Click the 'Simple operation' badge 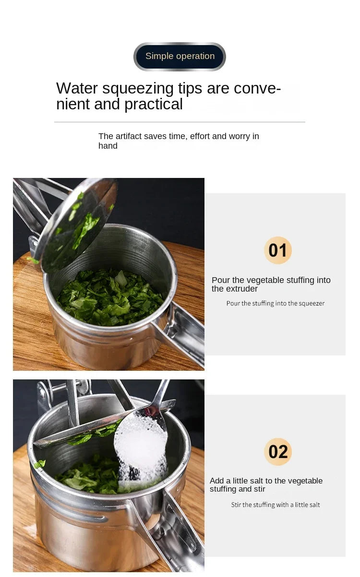tap(180, 56)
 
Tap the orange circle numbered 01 tap(278, 250)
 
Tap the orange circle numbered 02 tap(278, 452)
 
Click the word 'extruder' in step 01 tap(242, 289)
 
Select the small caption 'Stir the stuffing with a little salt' tap(275, 505)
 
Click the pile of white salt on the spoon tap(141, 446)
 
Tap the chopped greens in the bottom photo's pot tap(86, 477)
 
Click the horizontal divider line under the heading tap(180, 122)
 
